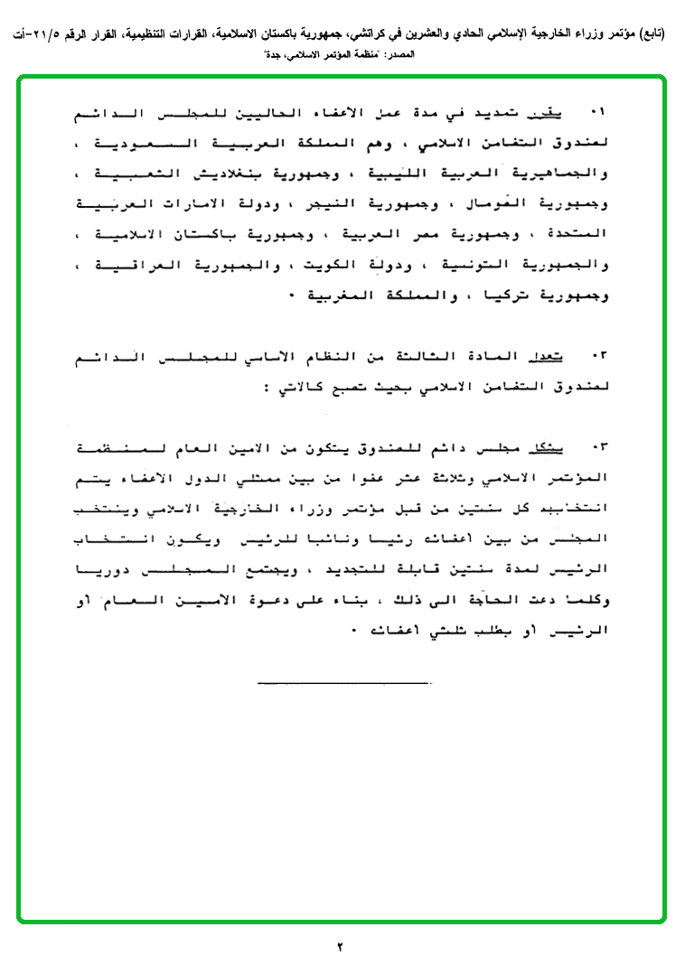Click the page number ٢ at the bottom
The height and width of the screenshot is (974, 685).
coord(341,947)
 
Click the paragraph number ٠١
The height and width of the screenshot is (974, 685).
coord(596,111)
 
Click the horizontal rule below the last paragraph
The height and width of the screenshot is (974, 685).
coord(342,681)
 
